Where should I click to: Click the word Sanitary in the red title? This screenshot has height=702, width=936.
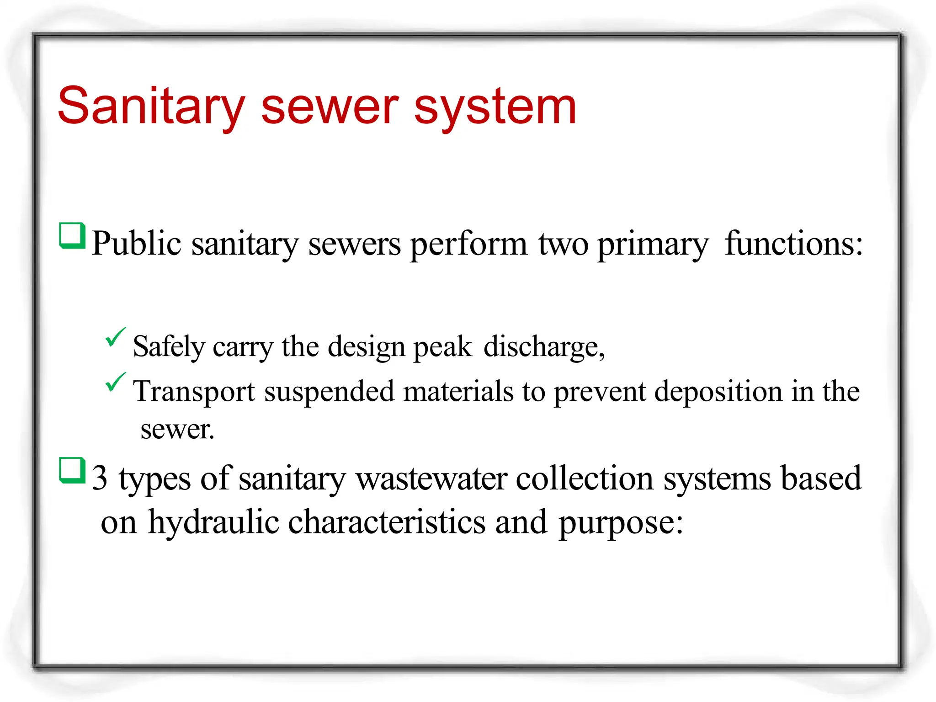(x=151, y=106)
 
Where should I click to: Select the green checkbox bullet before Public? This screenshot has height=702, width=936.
(x=73, y=236)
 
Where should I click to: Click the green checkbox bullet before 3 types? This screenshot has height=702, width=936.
(x=73, y=470)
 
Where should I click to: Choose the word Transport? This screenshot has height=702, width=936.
(x=194, y=392)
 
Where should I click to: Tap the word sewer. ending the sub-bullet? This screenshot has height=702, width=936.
(x=177, y=430)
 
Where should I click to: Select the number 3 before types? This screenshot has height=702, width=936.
(x=100, y=478)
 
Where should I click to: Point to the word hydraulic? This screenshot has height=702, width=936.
(x=214, y=522)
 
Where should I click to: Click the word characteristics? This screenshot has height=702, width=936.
(x=387, y=522)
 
